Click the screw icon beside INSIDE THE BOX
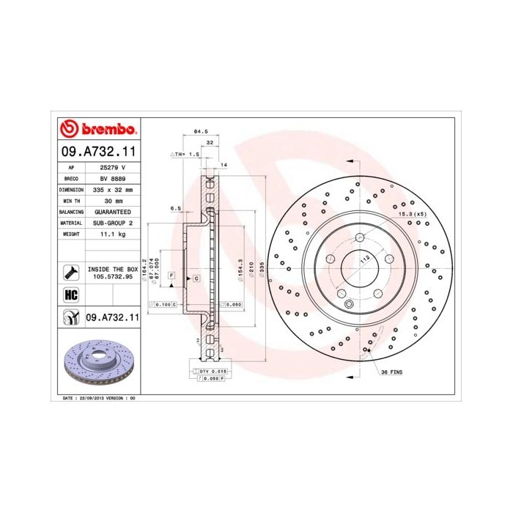pos(72,273)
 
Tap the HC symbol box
pos(72,295)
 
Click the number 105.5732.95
pos(112,277)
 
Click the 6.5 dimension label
pos(176,208)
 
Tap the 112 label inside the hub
pos(364,257)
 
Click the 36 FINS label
pos(391,372)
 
